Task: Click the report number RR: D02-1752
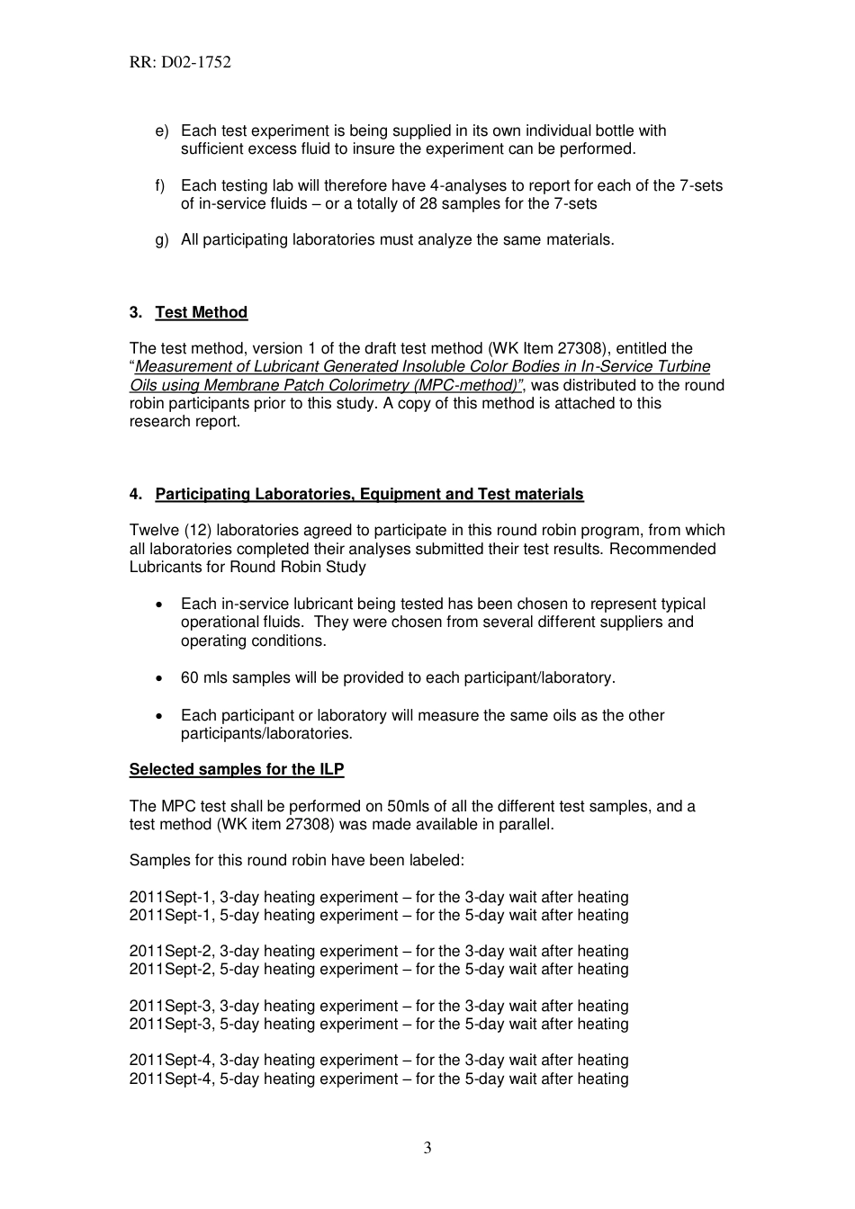[x=180, y=62]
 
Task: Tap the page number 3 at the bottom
[x=427, y=1147]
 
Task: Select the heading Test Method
[x=201, y=312]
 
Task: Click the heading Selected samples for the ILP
[x=237, y=769]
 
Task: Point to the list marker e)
[x=162, y=131]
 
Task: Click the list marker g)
[x=162, y=240]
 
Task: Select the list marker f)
[x=161, y=186]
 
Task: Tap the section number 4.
[x=135, y=494]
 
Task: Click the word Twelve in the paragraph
[x=154, y=531]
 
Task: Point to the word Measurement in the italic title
[x=181, y=367]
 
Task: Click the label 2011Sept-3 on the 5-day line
[x=172, y=1025]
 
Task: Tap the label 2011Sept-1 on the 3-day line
[x=172, y=898]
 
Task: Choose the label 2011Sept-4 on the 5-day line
[x=172, y=1079]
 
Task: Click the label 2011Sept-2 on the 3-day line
[x=172, y=952]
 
